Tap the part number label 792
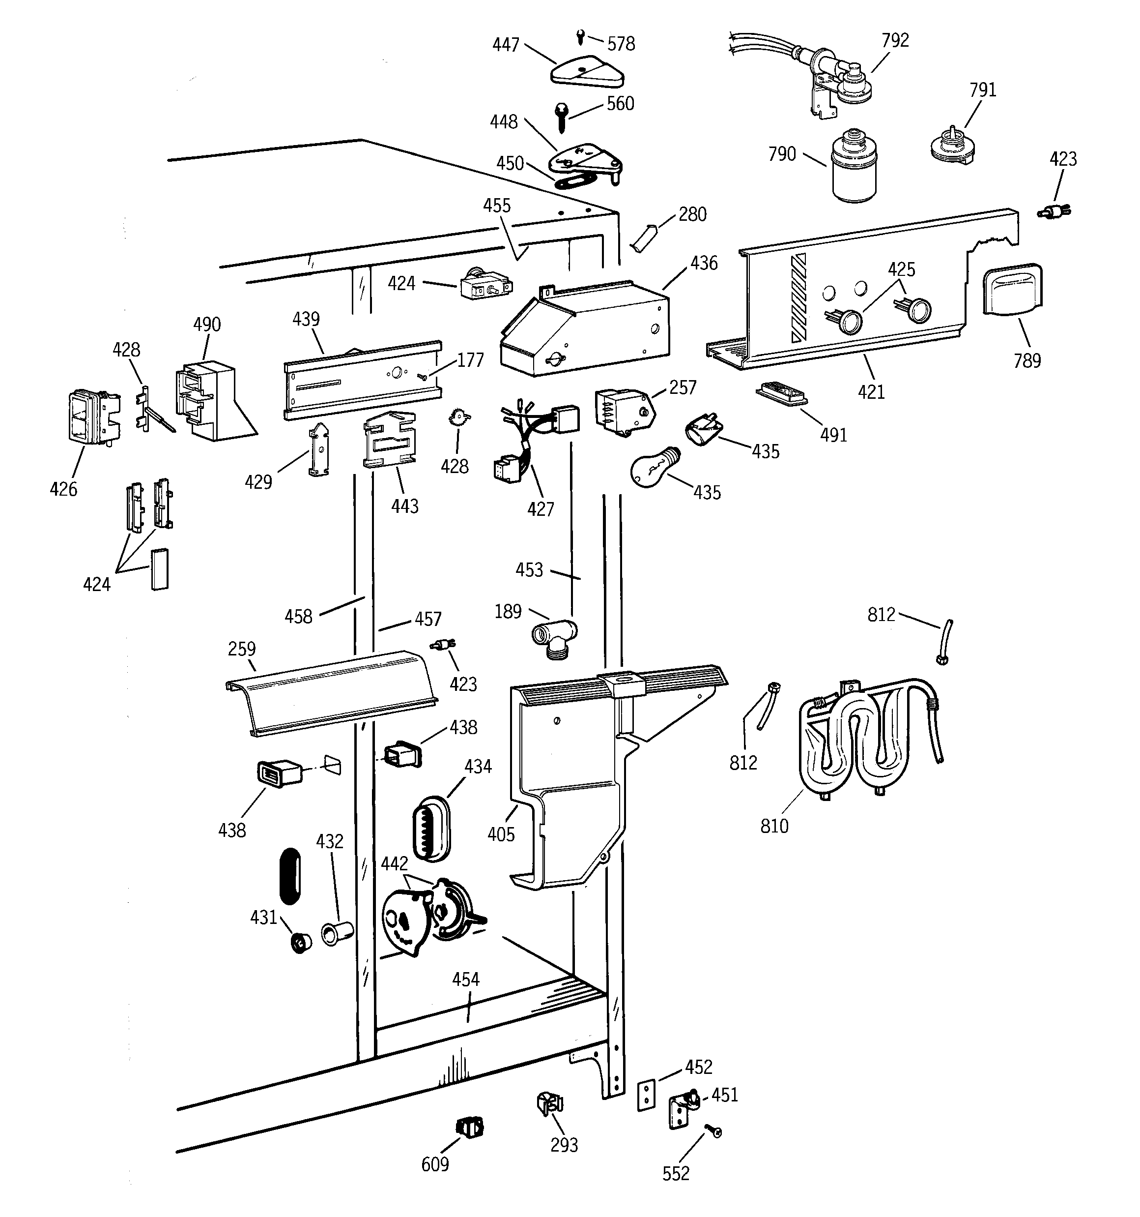point(895,40)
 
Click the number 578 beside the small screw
point(621,44)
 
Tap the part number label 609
point(435,1164)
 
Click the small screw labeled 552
point(713,1131)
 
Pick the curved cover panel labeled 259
point(330,690)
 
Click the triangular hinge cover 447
point(587,73)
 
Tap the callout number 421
point(871,392)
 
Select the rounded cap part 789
point(1012,290)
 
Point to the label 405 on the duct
point(501,834)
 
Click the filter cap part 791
point(951,148)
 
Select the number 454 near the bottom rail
point(466,980)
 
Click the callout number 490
point(207,325)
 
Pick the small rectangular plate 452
point(646,1095)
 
